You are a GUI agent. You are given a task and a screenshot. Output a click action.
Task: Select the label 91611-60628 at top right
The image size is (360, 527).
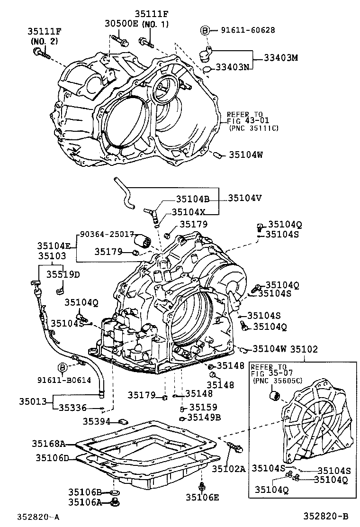[x=248, y=30]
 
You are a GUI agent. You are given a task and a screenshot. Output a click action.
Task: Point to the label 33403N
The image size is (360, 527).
[x=233, y=67]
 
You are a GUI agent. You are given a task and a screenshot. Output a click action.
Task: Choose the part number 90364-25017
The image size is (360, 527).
[x=107, y=235]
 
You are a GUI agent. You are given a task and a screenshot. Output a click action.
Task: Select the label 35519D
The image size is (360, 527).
[x=63, y=273]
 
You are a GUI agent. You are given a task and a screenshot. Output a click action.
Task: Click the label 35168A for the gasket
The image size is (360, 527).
[x=48, y=444]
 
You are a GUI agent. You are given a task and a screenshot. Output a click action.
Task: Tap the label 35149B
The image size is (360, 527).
[x=204, y=417]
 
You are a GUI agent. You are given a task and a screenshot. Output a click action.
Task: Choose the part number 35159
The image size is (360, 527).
[x=203, y=407]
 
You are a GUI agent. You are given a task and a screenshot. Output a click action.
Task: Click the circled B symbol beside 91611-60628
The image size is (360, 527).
[x=205, y=31]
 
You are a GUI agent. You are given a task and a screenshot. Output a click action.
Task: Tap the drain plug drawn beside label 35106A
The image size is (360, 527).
[x=115, y=502]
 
